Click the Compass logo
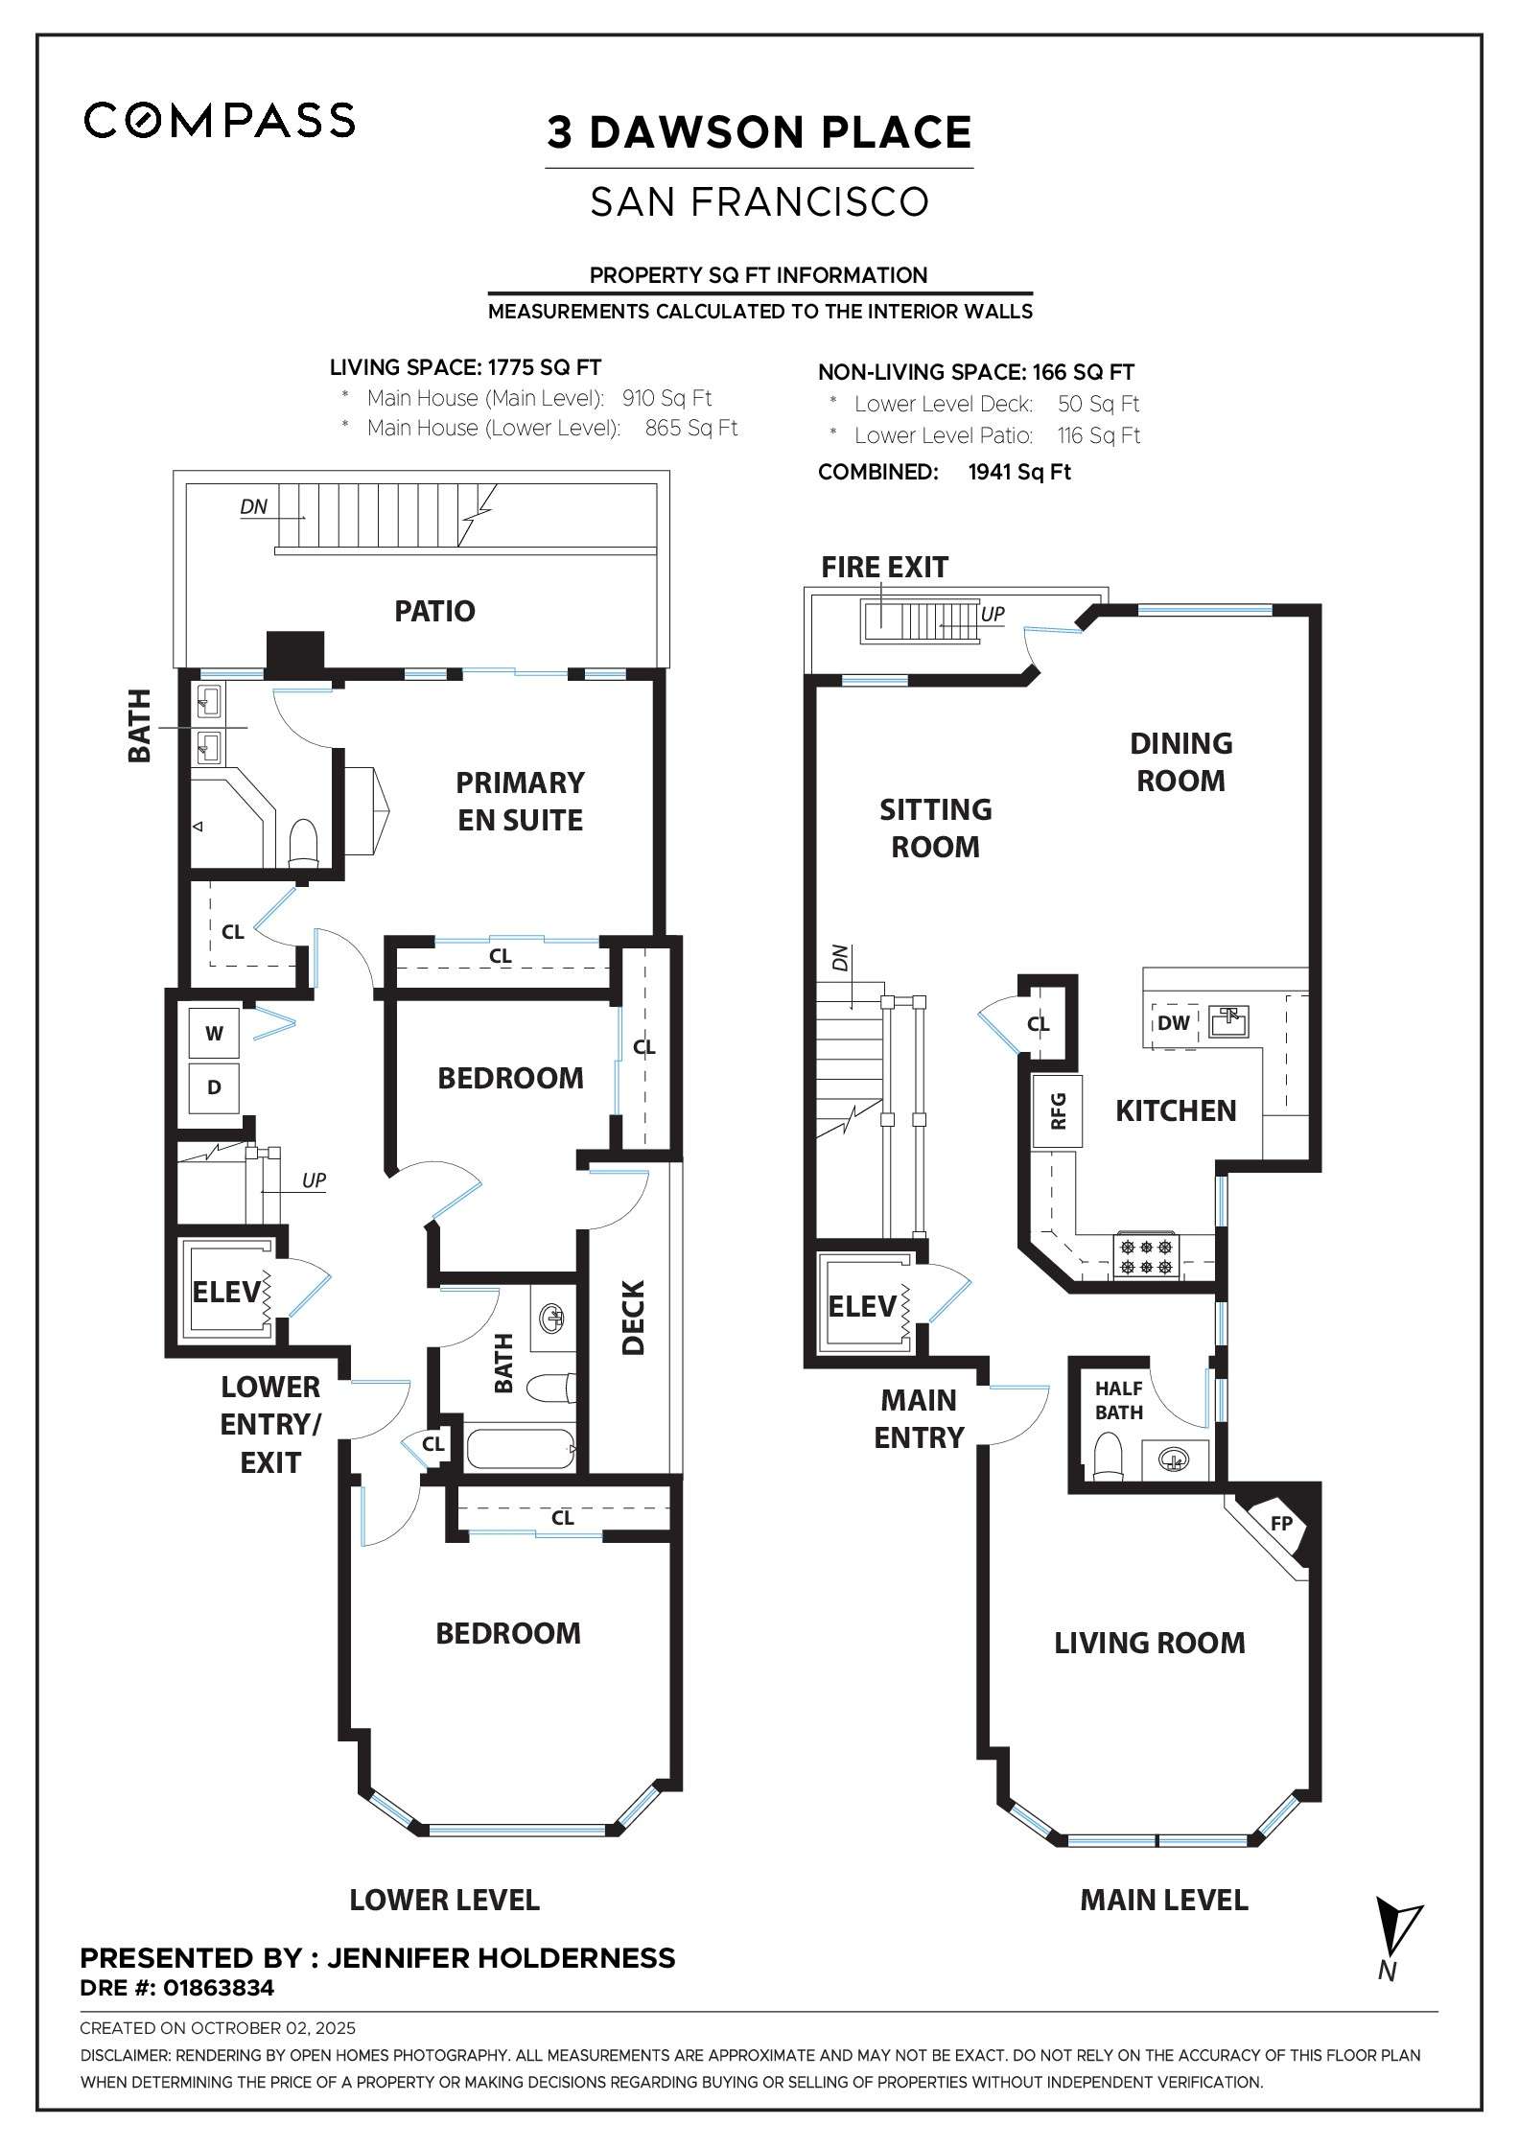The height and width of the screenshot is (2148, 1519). [220, 120]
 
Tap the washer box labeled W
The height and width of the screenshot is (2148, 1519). [214, 1034]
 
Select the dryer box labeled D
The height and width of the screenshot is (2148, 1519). [214, 1087]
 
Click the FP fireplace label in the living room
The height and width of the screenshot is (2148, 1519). [1281, 1524]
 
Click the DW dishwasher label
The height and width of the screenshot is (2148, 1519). [1173, 1023]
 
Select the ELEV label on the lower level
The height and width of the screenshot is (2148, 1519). [225, 1293]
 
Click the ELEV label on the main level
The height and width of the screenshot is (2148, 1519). [861, 1306]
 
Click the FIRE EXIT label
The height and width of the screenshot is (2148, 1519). [884, 568]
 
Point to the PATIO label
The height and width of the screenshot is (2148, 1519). [434, 612]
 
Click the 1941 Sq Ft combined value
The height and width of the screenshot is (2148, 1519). [1019, 472]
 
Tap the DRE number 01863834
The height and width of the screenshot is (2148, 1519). [219, 1988]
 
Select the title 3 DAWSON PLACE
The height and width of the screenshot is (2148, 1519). [759, 133]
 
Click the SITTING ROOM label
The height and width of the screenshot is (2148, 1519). [935, 828]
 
